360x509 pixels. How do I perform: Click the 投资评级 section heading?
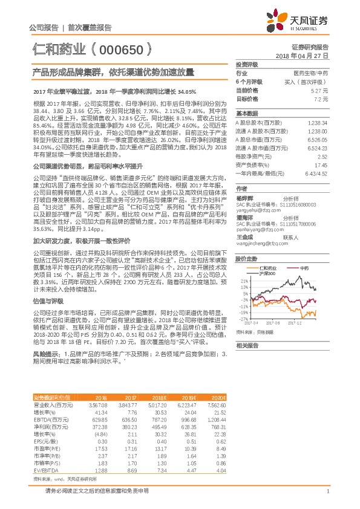tap(246, 63)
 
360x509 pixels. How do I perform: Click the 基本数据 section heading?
tap(246, 114)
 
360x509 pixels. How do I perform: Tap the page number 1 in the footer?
tap(327, 491)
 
